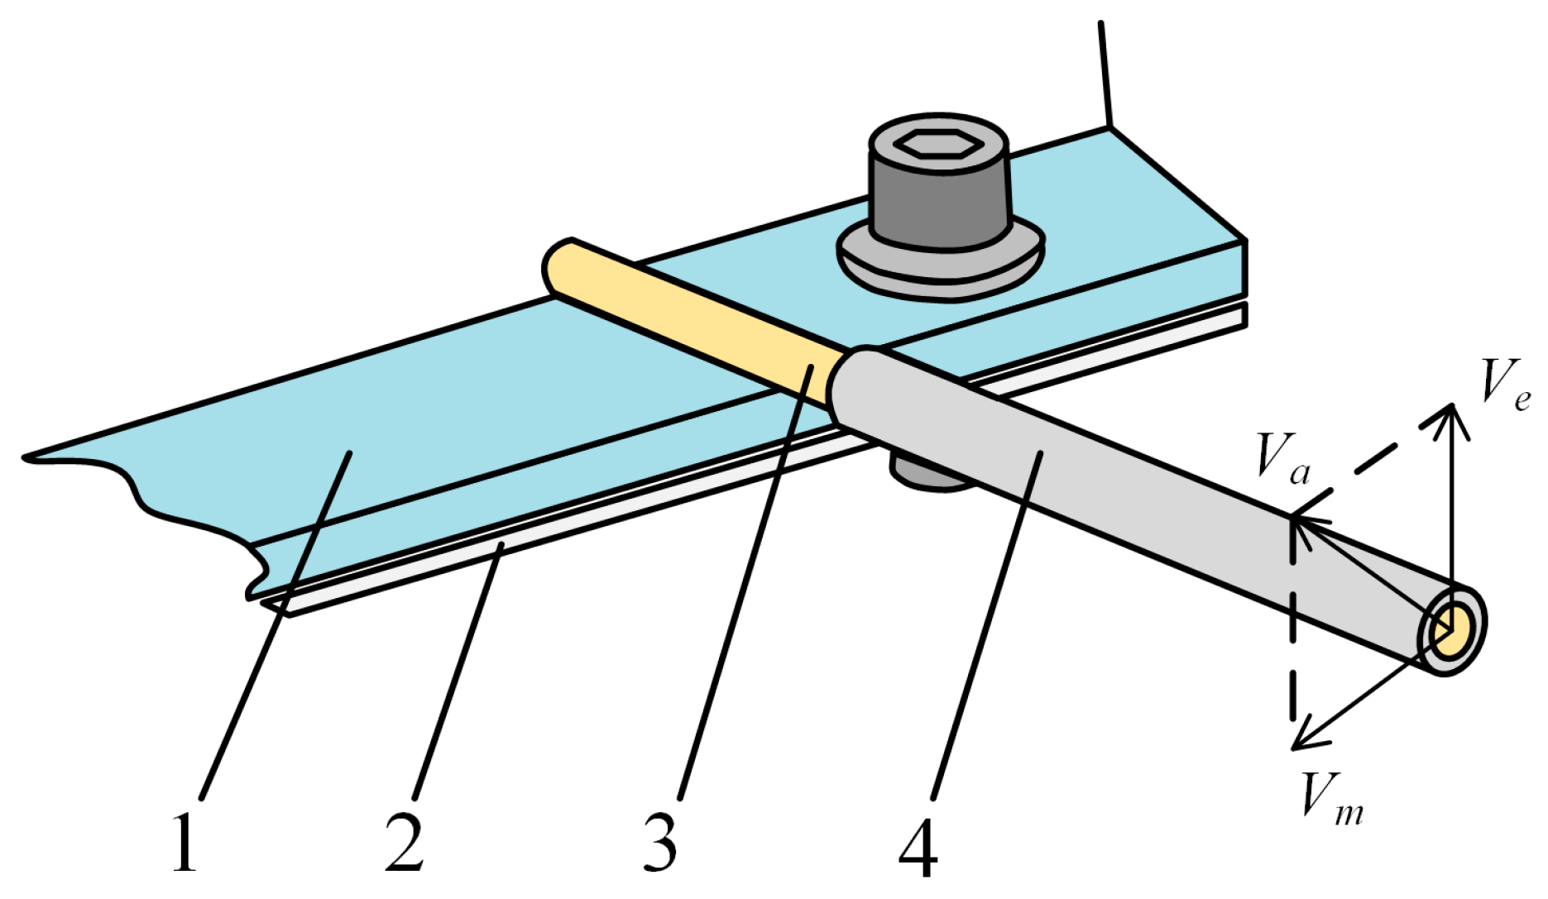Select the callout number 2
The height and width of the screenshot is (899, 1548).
405,844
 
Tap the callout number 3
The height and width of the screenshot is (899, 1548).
660,844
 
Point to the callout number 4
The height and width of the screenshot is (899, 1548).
918,847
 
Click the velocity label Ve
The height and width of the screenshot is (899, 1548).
1504,384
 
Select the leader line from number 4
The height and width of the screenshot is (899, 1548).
985,629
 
